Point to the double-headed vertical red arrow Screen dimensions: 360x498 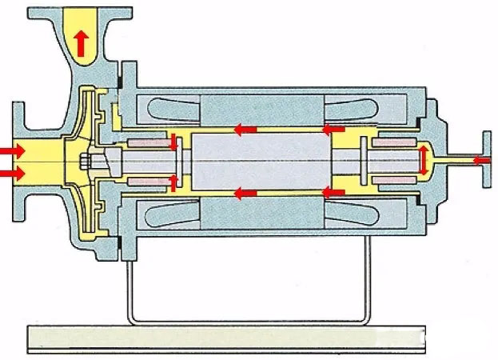pyautogui.click(x=423, y=160)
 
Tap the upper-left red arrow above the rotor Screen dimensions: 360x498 pyautogui.click(x=245, y=127)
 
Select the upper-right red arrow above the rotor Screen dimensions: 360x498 pyautogui.click(x=333, y=127)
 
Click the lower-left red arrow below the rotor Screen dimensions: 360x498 pyautogui.click(x=245, y=193)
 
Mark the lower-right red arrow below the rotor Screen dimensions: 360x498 pyautogui.click(x=333, y=193)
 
